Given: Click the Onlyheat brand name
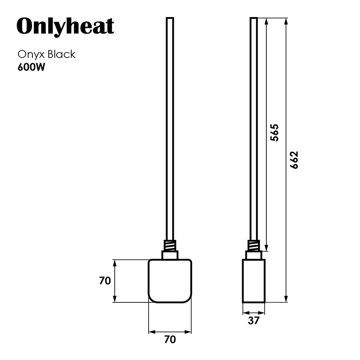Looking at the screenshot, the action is pos(65,27).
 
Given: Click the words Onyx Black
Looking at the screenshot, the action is pos(47,54).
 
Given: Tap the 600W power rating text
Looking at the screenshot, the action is pos(31,67).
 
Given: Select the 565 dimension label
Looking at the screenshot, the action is pos(274,133).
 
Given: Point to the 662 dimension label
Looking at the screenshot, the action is pos(294,160).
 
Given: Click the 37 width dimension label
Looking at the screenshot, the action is pos(254,320).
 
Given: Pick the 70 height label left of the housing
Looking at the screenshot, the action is pos(105,280).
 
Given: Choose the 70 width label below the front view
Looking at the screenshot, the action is pos(170,339).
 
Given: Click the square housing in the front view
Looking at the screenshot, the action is pos(170,281).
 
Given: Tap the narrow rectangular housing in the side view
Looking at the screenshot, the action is pos(254,281).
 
